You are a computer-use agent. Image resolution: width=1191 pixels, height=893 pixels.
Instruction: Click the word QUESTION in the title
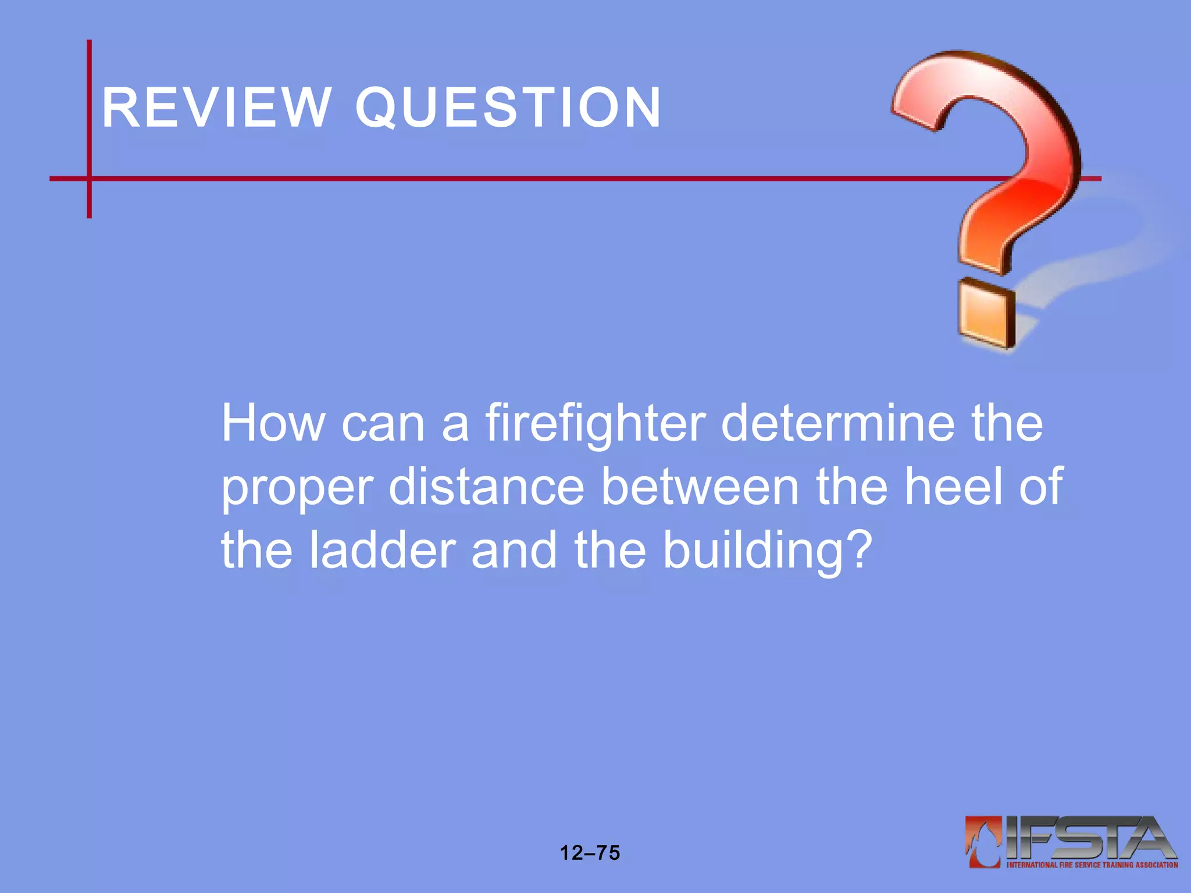[x=508, y=108]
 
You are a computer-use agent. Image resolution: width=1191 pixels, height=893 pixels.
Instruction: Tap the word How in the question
[x=273, y=423]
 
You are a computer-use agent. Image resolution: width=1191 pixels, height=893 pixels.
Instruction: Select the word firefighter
[x=595, y=423]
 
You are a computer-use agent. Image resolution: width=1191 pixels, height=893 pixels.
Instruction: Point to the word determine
[x=838, y=423]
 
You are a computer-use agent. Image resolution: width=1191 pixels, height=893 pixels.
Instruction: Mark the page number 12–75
[x=590, y=853]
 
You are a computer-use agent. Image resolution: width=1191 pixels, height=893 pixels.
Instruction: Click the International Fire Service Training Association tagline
[x=1092, y=865]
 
